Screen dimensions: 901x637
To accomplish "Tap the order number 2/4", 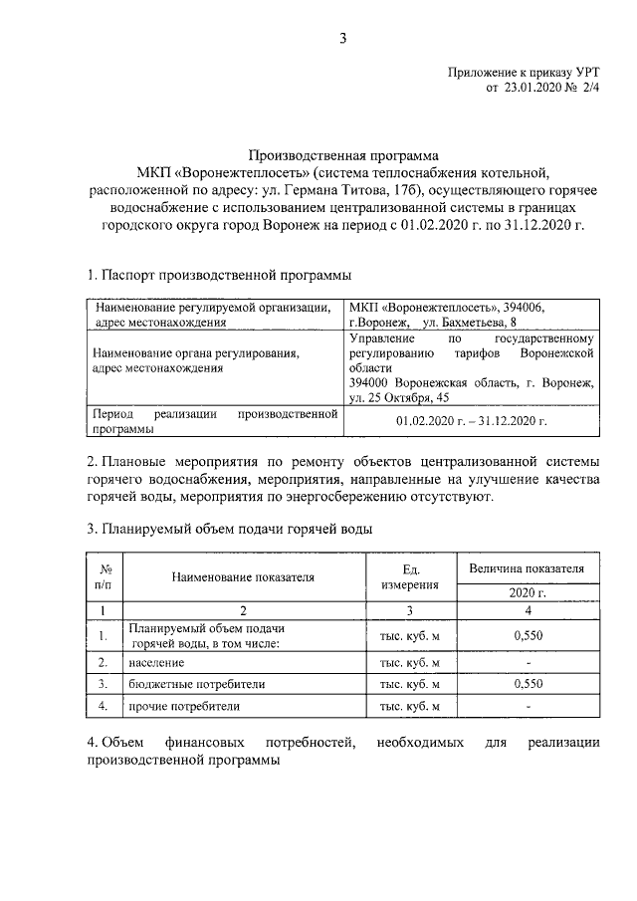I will tap(591, 89).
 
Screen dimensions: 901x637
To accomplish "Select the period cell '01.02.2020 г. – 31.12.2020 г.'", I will tap(472, 421).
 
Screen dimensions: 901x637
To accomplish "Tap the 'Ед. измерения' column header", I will tap(409, 576).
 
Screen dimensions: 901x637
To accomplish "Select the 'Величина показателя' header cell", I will tap(528, 567).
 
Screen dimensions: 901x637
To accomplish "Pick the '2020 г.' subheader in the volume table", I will tap(528, 592).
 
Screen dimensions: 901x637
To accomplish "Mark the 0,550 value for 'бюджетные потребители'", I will tap(528, 684).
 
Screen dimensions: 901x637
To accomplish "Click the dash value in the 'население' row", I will tap(528, 662).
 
